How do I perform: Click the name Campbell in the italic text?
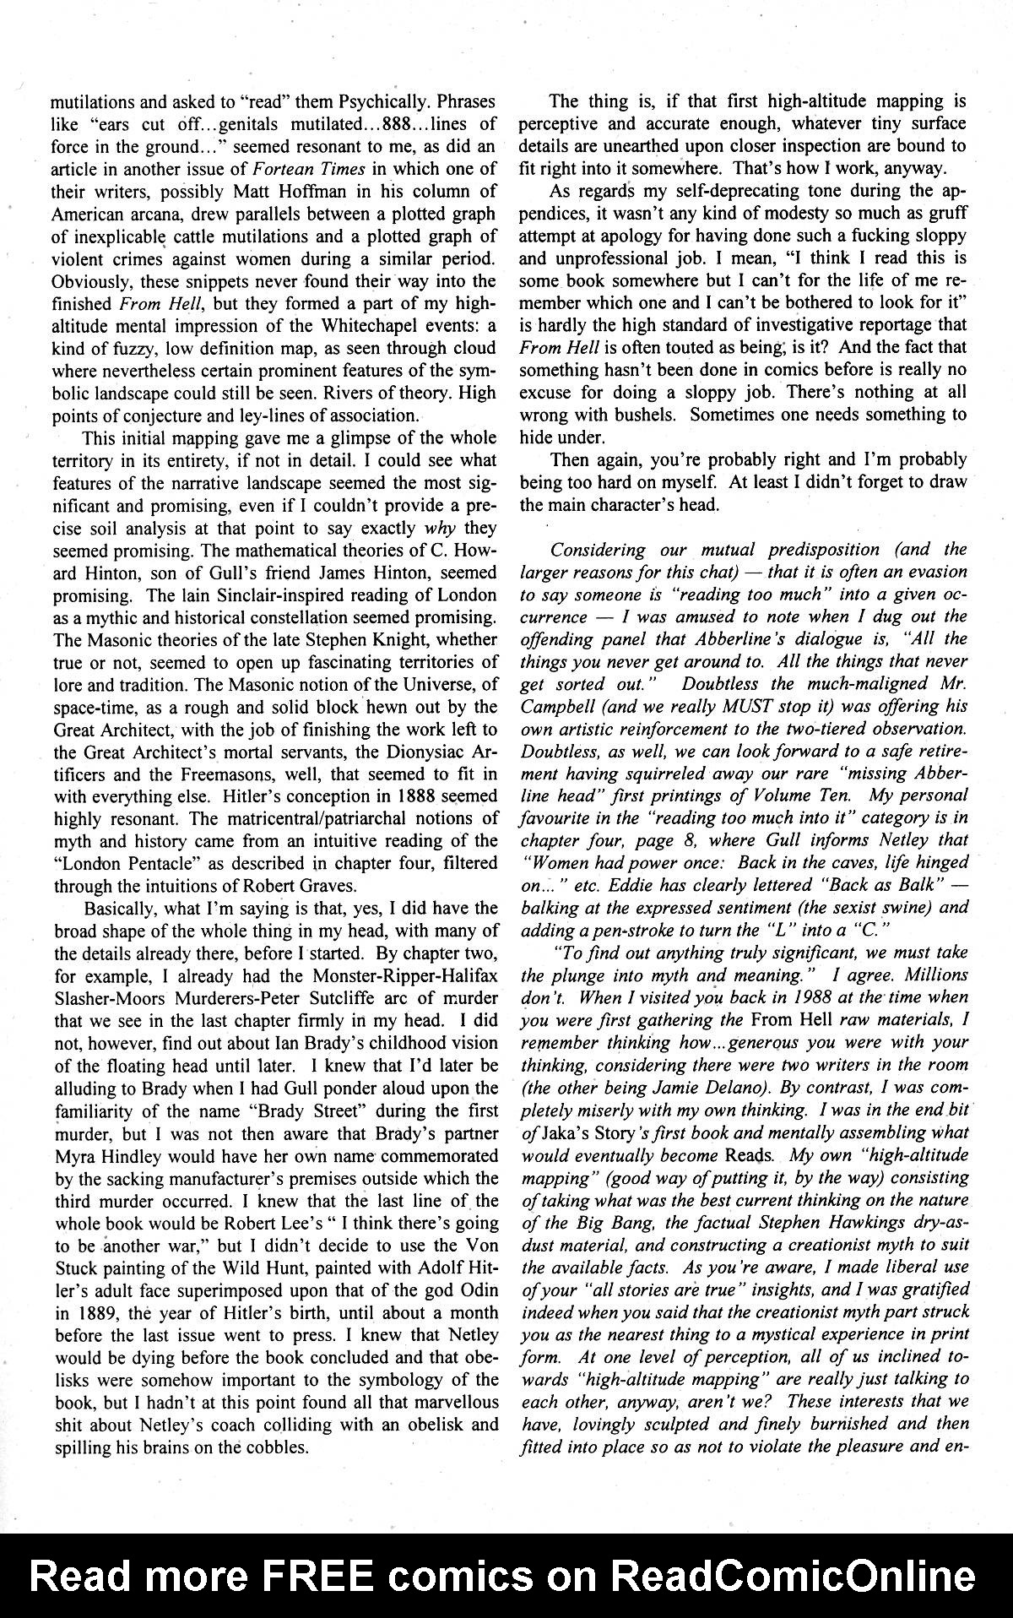tap(553, 707)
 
